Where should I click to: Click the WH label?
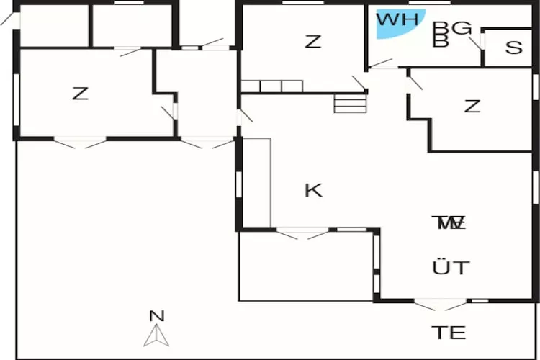click(397, 19)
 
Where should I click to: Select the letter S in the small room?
click(513, 48)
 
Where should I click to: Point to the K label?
click(312, 190)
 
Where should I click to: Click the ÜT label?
click(451, 269)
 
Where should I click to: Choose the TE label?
click(449, 333)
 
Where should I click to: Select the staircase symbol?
click(351, 104)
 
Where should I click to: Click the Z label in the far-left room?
click(80, 94)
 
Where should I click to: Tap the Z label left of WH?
click(312, 42)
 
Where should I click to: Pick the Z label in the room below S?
click(472, 107)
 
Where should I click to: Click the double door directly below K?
click(303, 233)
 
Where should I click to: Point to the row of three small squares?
click(271, 86)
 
